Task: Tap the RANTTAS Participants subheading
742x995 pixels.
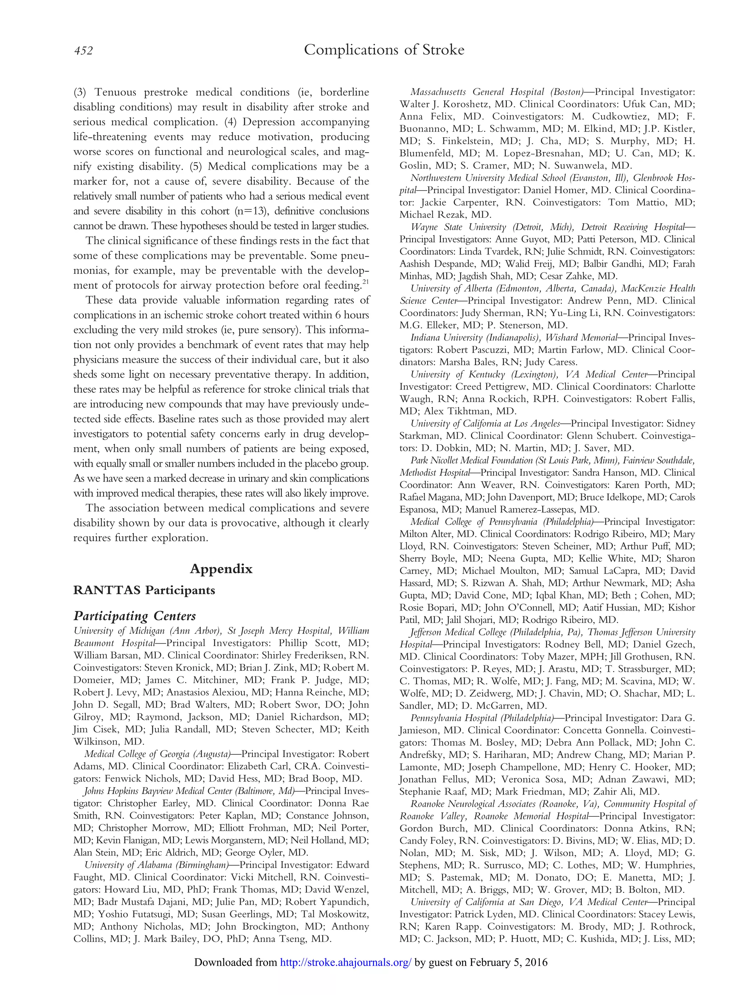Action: tap(144, 590)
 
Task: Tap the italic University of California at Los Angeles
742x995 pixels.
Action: tap(485, 423)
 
